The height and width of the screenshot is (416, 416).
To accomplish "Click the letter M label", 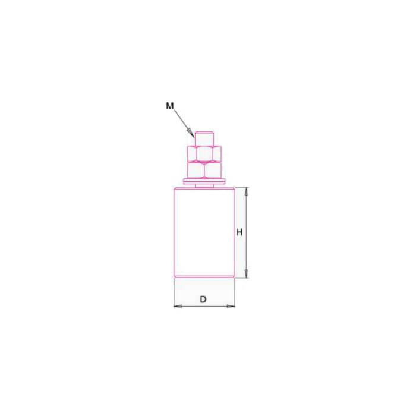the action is (170, 106).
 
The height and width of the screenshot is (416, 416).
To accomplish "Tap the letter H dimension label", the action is (239, 232).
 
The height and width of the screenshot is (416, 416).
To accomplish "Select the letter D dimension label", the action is (203, 300).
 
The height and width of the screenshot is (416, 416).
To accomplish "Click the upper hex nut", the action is (204, 153).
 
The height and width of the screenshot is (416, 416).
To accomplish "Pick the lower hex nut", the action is (204, 170).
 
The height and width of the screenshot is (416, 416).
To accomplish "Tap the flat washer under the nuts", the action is (204, 181).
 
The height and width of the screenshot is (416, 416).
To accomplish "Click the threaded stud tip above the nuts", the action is (204, 138).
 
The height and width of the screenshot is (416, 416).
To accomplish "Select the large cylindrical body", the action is (204, 232).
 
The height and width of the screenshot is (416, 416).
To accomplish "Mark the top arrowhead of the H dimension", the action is (246, 191).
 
